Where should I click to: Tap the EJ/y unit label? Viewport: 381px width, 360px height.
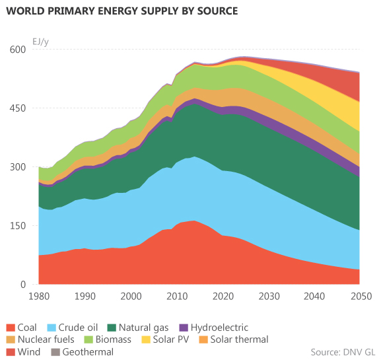40,42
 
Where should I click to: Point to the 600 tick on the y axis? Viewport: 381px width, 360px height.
17,50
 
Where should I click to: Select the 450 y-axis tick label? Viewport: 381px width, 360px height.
17,108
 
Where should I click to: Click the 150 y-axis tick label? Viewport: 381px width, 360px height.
17,226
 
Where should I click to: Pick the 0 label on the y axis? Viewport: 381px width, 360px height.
23,285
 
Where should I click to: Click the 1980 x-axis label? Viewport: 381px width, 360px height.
39,297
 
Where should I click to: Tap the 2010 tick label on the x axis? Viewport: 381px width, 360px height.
177,297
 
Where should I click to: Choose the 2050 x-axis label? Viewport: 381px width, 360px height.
361,297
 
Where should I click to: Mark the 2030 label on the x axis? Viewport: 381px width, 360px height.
269,297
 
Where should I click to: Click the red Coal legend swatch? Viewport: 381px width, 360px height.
11,328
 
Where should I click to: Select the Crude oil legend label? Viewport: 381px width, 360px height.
78,328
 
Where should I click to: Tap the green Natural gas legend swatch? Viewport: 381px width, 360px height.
112,328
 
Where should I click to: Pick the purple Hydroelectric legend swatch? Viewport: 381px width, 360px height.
184,328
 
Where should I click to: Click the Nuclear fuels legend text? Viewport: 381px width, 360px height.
46,340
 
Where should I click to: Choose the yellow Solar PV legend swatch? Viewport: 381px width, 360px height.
146,340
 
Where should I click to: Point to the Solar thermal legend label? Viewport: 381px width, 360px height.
239,340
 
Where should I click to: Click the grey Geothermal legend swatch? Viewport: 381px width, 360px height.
55,352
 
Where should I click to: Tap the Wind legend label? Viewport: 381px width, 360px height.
29,352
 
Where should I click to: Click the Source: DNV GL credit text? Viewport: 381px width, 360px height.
343,352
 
